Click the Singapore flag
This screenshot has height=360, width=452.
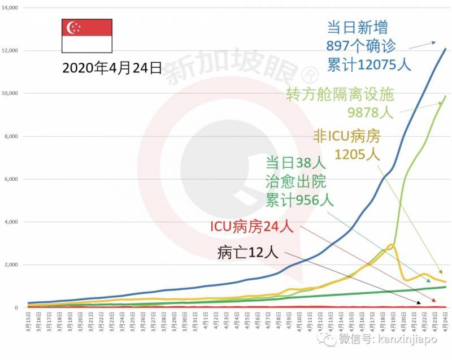(86, 36)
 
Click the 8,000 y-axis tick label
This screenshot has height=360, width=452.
(12, 136)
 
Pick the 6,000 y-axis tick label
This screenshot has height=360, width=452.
(12, 179)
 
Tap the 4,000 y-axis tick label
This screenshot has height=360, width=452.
(12, 222)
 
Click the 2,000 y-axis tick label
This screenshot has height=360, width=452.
(12, 265)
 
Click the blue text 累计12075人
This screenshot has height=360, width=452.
(368, 64)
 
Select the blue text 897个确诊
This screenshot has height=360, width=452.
(361, 46)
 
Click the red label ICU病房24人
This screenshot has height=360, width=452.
(251, 227)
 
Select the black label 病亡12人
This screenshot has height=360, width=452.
(247, 253)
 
